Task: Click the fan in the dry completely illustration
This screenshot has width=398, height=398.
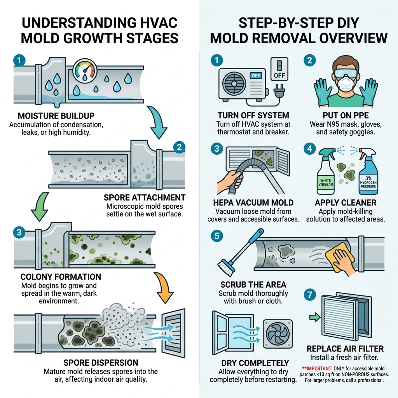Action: [x=277, y=332]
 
